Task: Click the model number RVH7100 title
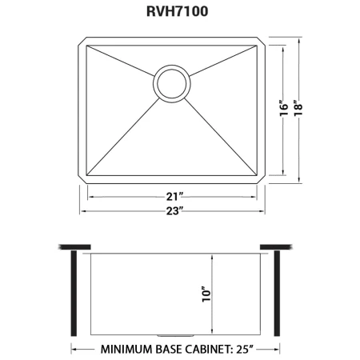point(178,11)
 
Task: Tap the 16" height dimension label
point(284,108)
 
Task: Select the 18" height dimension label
point(298,108)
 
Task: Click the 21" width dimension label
point(174,197)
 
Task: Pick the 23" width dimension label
point(174,211)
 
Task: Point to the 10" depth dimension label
point(206,294)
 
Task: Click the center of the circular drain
point(172,83)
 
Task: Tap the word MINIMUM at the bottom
point(126,349)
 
